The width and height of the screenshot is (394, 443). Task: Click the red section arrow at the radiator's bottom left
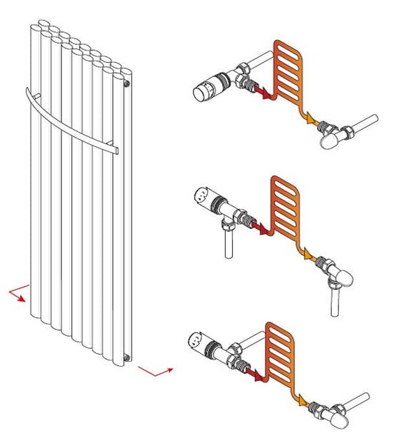20,295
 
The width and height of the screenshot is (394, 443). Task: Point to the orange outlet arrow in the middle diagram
308,253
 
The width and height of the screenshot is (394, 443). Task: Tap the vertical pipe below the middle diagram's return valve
335,300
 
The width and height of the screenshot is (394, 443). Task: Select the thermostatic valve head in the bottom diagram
201,342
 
